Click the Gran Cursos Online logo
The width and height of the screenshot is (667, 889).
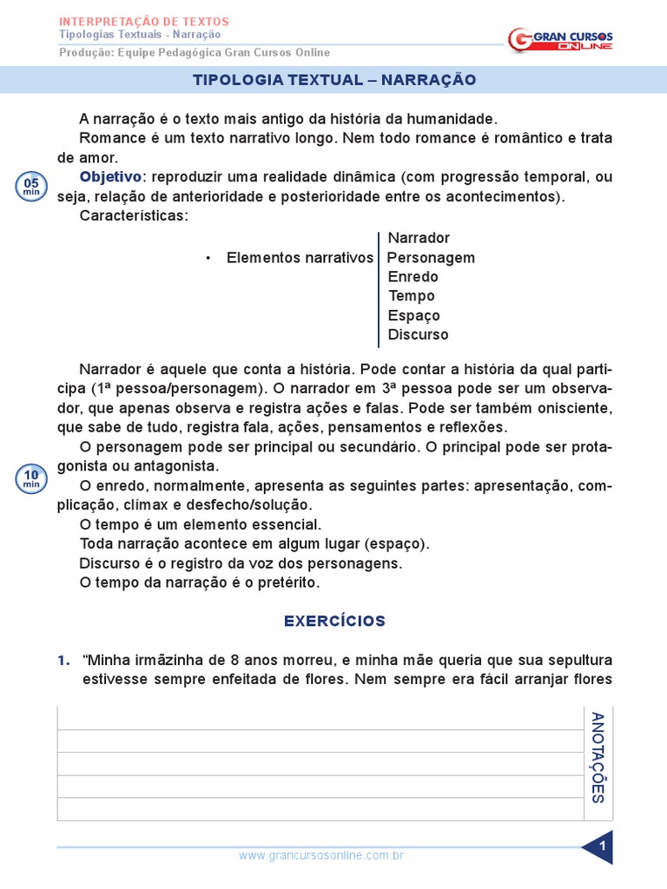tap(560, 39)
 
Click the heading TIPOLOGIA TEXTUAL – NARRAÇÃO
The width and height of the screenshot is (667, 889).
tap(333, 80)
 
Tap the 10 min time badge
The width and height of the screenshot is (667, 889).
tap(31, 478)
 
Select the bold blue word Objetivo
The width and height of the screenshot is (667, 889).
tap(109, 177)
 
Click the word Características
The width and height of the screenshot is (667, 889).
tap(133, 215)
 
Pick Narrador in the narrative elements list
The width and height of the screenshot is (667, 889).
tap(419, 238)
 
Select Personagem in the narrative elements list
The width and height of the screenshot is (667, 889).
tap(431, 258)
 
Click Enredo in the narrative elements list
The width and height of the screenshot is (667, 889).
tap(413, 277)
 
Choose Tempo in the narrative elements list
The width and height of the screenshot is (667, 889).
tap(412, 296)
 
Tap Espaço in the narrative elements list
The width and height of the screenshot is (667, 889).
tap(414, 315)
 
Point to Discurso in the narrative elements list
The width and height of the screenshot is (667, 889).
tap(419, 334)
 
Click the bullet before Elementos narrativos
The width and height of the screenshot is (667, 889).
tap(208, 259)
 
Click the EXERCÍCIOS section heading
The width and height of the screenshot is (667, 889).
tap(334, 621)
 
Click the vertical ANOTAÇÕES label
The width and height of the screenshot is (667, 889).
tap(598, 757)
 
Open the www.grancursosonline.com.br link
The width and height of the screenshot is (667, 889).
tap(321, 856)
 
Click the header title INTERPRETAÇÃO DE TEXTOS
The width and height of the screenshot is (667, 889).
tap(143, 21)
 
